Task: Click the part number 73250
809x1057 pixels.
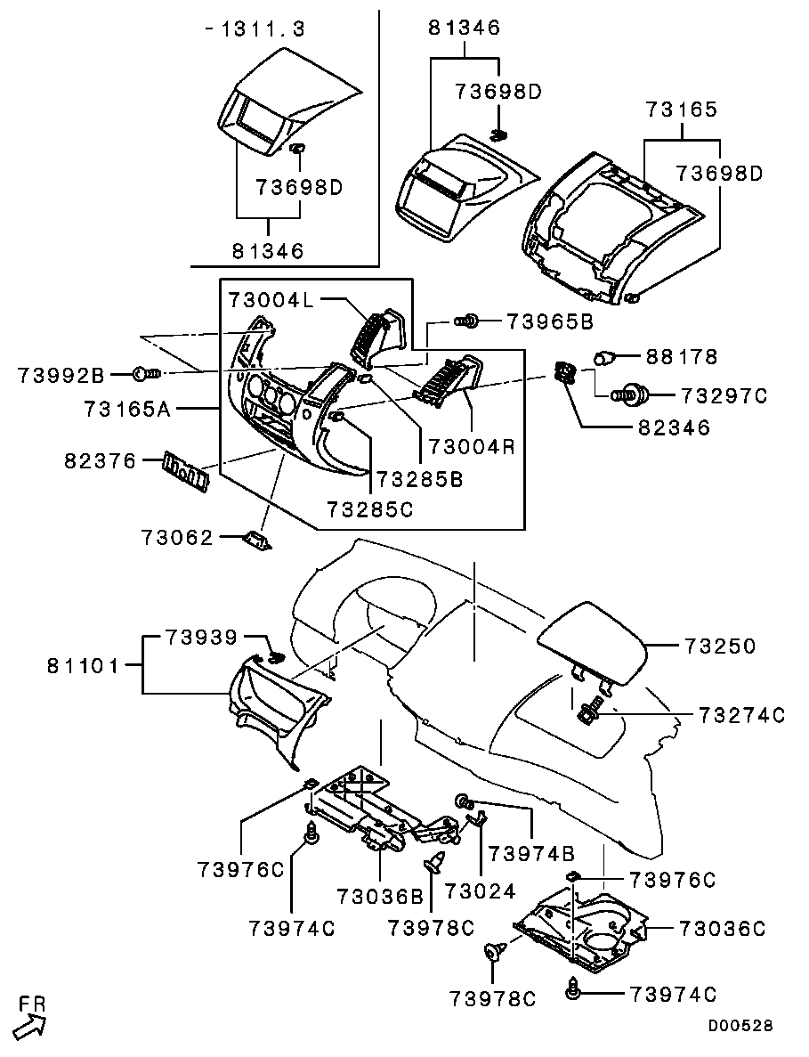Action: pos(720,646)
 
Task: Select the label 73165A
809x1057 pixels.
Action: pos(128,409)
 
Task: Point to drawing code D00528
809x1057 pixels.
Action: pos(740,1025)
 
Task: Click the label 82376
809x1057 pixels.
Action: pos(100,461)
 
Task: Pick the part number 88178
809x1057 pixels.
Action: pos(682,356)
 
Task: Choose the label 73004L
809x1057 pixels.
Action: pos(271,298)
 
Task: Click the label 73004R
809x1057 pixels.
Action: pos(472,445)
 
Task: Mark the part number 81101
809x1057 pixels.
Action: pos(82,666)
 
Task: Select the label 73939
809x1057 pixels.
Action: pos(201,637)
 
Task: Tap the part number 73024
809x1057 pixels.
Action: pos(480,891)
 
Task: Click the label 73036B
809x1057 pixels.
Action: pos(380,896)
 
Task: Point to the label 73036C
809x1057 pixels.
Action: pos(722,928)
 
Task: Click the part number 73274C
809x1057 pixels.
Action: pos(741,714)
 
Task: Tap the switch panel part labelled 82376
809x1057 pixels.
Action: pos(187,468)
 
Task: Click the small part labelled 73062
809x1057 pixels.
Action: pos(257,540)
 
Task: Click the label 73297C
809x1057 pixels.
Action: pos(724,395)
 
